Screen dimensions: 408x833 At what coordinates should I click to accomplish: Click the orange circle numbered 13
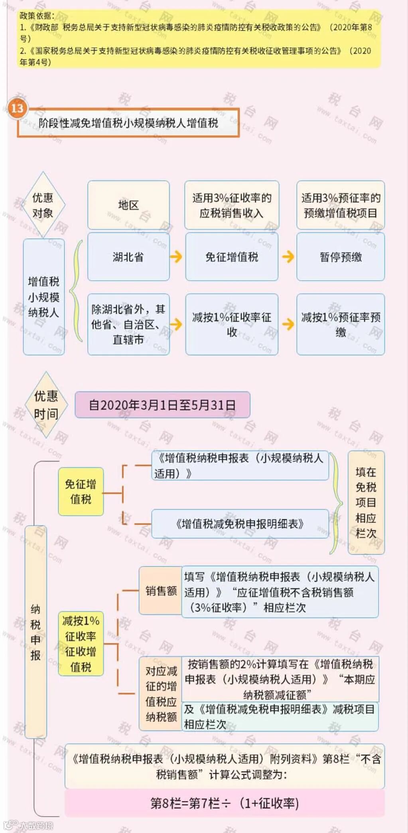click(18, 108)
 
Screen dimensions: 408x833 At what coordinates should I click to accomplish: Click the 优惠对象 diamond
click(43, 205)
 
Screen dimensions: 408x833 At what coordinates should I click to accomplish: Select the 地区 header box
click(128, 205)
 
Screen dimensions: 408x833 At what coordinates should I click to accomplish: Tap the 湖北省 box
click(128, 257)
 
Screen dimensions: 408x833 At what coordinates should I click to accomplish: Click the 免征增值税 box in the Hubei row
click(232, 257)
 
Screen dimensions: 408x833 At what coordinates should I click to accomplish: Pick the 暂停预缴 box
click(341, 257)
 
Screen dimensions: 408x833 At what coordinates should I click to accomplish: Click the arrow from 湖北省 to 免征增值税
click(176, 256)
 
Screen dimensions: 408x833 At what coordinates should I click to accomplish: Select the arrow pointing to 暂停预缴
click(288, 256)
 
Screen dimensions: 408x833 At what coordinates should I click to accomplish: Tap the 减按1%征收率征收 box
click(232, 324)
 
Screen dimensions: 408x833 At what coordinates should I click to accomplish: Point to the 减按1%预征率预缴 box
click(341, 324)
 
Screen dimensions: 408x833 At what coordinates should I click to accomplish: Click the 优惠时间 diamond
click(46, 405)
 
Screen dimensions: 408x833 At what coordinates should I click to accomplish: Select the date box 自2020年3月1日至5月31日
click(162, 405)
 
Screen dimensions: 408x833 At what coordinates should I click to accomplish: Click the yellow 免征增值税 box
click(81, 491)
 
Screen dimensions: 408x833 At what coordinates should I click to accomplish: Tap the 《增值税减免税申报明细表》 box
click(240, 524)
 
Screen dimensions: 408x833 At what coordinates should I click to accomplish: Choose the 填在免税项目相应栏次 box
click(366, 502)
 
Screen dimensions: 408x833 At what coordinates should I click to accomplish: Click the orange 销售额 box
click(161, 591)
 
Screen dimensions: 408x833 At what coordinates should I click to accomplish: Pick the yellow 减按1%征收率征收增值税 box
click(81, 643)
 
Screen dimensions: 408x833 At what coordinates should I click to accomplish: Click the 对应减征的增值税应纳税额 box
click(161, 693)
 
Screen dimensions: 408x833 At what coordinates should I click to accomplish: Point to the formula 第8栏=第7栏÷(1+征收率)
click(225, 803)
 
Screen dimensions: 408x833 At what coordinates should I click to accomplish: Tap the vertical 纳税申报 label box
click(36, 632)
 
